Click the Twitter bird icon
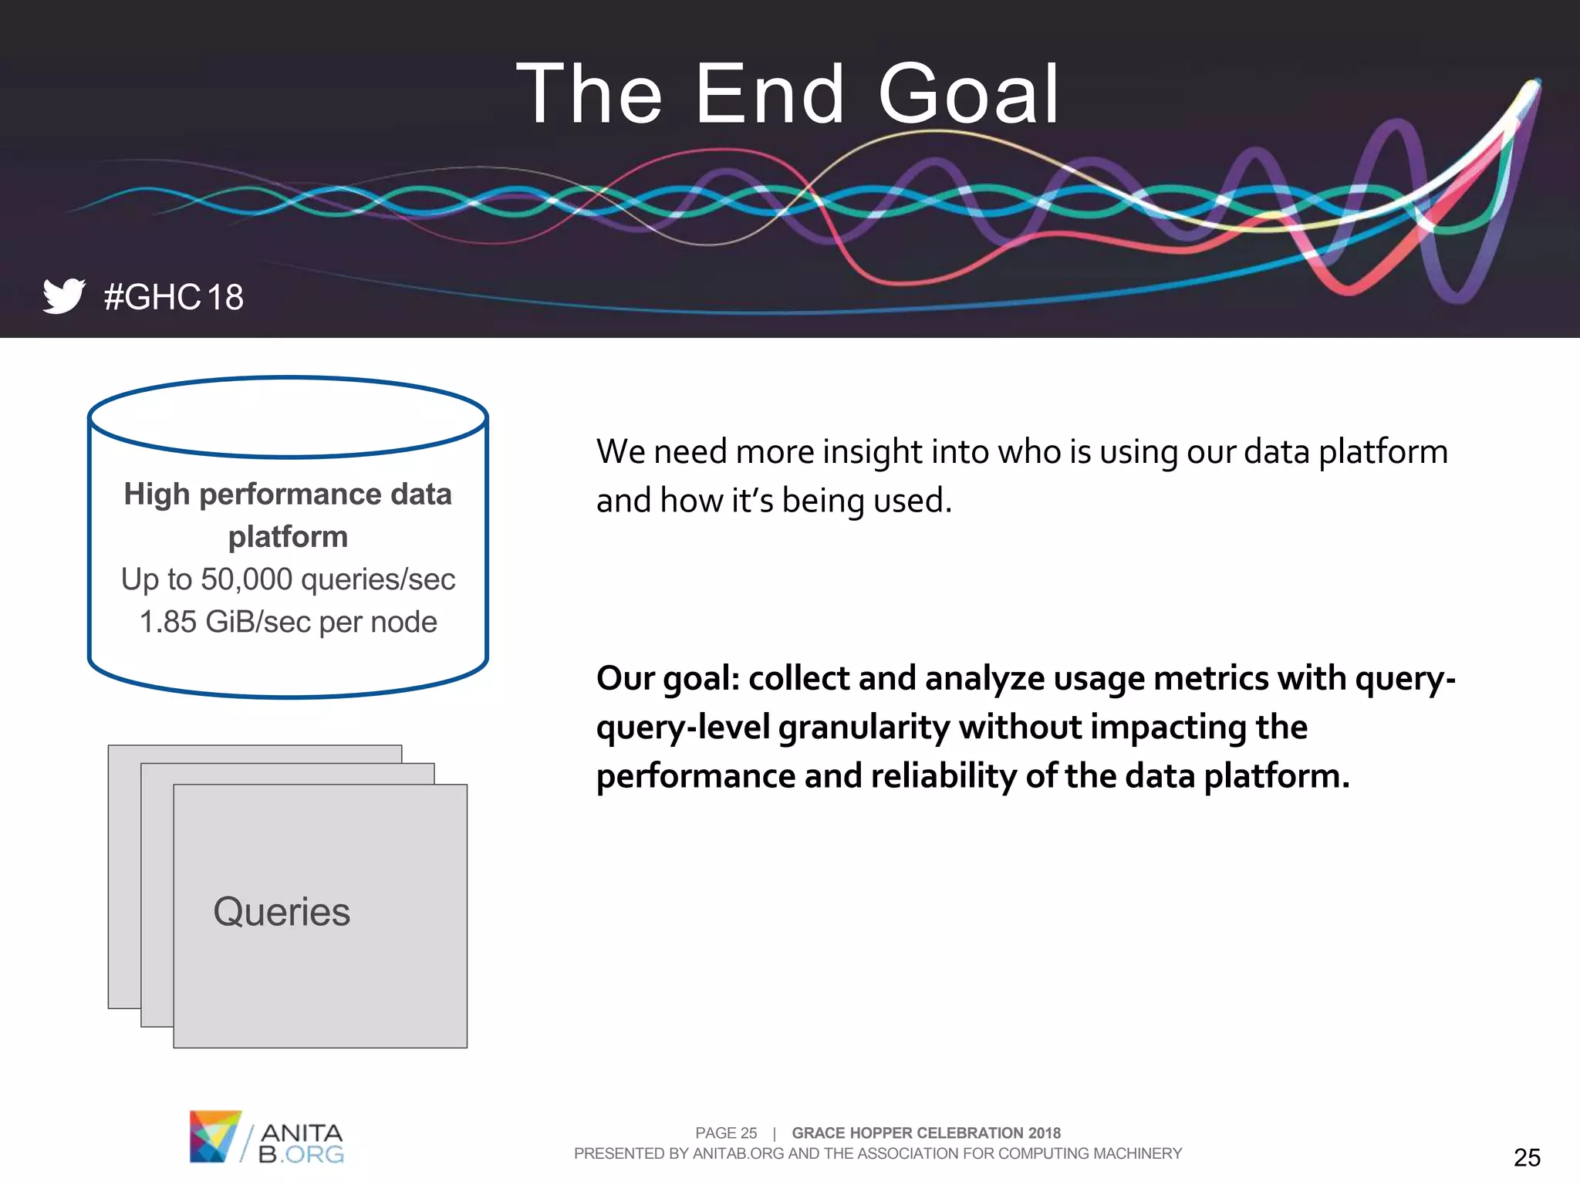click(x=63, y=295)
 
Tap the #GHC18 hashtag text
click(x=174, y=298)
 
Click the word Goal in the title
click(x=968, y=95)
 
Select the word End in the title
click(x=769, y=95)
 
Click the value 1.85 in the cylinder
click(x=167, y=622)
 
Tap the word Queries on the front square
click(x=282, y=912)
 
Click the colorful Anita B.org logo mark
click(x=214, y=1136)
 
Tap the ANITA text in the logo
click(x=302, y=1133)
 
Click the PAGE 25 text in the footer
click(x=726, y=1133)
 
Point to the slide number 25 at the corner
click(x=1526, y=1157)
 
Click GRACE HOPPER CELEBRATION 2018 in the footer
click(x=926, y=1133)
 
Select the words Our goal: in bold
click(x=667, y=679)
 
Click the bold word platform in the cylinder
click(x=288, y=537)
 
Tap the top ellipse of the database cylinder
click(x=288, y=417)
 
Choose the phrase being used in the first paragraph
click(x=866, y=501)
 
